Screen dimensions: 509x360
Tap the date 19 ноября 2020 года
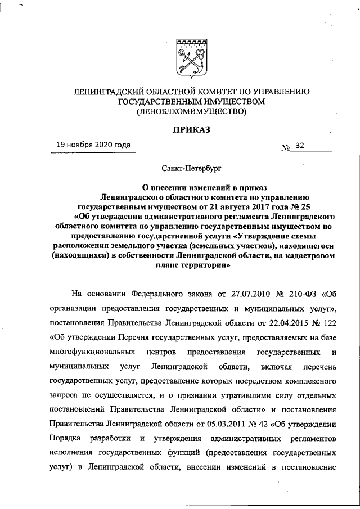[x=93, y=145]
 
